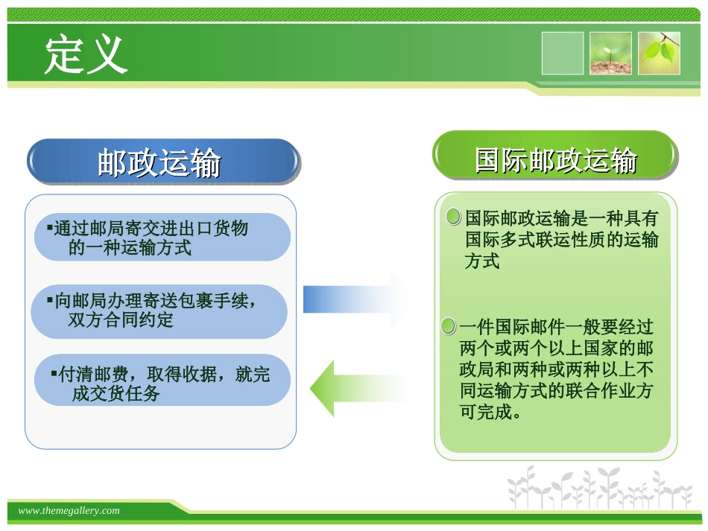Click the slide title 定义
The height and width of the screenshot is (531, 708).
(86, 54)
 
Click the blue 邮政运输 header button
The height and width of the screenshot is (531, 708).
(163, 162)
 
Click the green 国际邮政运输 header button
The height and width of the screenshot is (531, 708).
(555, 159)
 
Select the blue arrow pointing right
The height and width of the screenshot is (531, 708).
(354, 299)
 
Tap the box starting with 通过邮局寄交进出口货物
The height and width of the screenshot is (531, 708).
(162, 238)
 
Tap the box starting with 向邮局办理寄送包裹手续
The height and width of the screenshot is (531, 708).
(159, 311)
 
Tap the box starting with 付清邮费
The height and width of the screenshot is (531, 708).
(162, 383)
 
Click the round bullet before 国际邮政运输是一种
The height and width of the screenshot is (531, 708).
(453, 217)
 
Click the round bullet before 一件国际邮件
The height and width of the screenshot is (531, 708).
(448, 326)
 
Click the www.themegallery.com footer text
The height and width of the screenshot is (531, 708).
(69, 511)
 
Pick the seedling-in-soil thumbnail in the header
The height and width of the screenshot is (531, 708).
(610, 54)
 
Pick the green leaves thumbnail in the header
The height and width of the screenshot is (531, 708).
(659, 54)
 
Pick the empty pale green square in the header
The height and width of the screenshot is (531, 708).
(563, 54)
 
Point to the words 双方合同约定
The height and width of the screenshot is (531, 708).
(120, 321)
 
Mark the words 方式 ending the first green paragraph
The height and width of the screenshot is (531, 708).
(482, 261)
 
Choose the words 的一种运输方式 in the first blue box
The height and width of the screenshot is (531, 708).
(130, 248)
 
